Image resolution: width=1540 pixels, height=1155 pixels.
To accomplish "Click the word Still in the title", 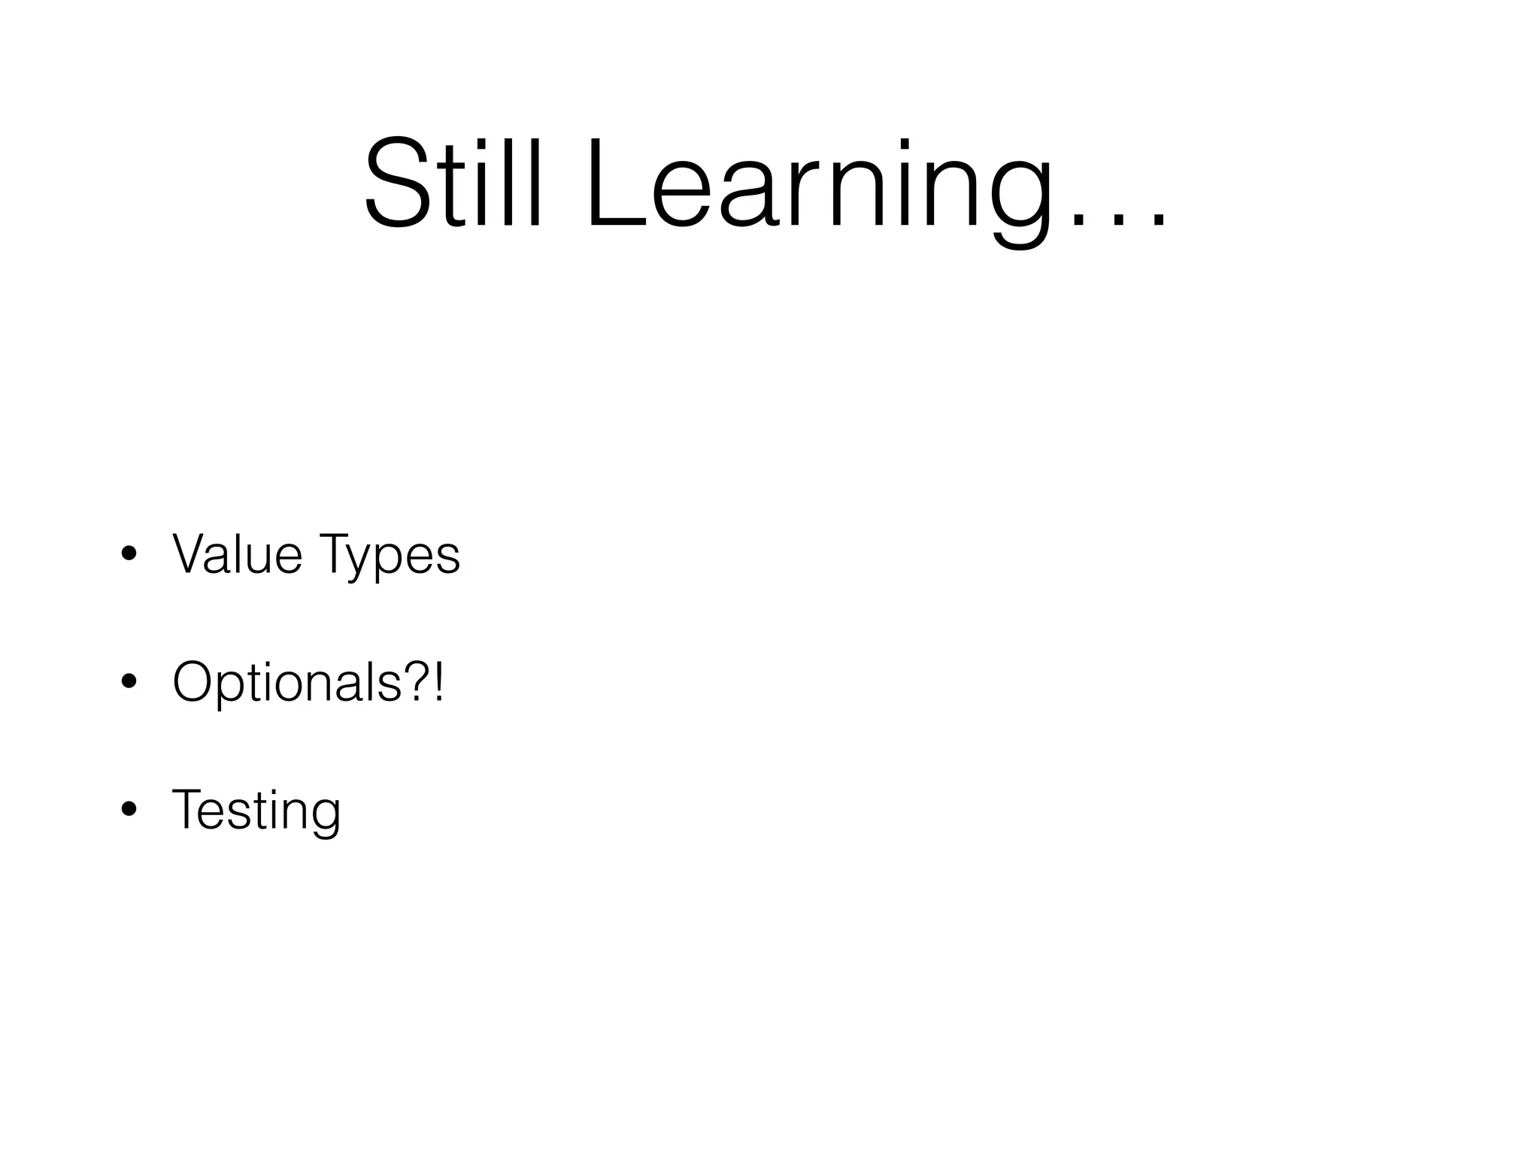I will tap(452, 183).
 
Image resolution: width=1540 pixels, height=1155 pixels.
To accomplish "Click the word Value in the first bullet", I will tap(237, 554).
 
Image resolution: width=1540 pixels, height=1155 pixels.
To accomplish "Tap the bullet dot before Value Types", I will tap(129, 555).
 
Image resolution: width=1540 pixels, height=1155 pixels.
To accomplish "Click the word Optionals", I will tap(286, 683).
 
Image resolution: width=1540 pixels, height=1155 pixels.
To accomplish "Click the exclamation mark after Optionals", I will tap(438, 681).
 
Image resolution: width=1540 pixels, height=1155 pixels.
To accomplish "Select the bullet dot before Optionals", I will tap(129, 682).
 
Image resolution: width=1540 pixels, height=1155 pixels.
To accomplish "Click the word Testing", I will tap(256, 811).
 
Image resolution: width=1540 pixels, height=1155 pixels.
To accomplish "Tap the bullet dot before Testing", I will tap(129, 810).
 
